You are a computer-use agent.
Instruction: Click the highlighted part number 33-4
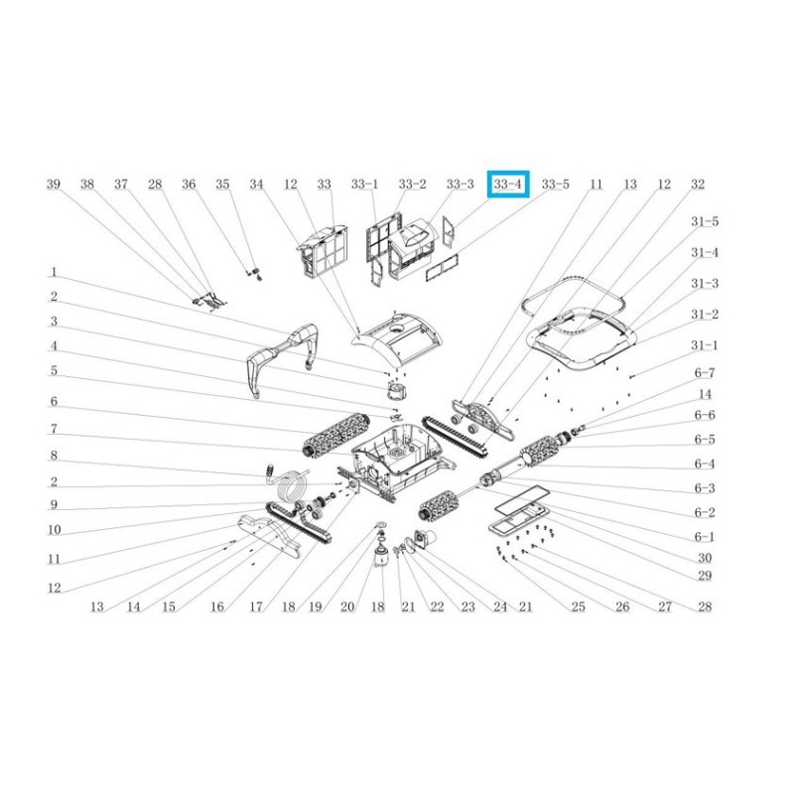(508, 185)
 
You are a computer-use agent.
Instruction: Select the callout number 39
(54, 185)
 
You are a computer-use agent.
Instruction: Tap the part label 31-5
(705, 221)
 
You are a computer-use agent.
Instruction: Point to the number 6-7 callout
(705, 373)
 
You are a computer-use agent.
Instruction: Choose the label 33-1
(364, 185)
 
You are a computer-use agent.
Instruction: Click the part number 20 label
(347, 606)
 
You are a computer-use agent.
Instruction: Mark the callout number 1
(54, 272)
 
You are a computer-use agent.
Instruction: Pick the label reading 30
(705, 558)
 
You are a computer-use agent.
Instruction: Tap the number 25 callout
(579, 606)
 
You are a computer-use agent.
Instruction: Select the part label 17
(256, 606)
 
